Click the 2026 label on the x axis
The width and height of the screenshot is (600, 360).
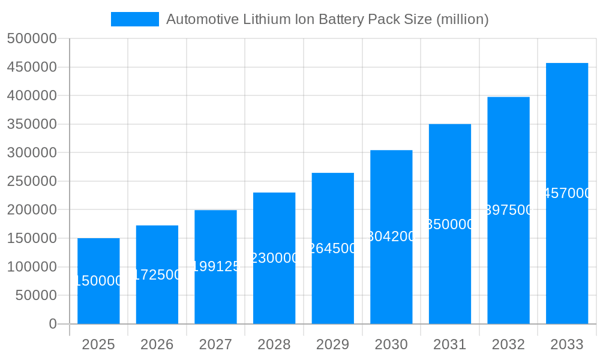[x=157, y=344]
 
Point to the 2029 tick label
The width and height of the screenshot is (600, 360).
[x=332, y=344]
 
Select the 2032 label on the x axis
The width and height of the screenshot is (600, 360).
[x=508, y=344]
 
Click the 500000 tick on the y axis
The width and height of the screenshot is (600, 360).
[x=32, y=39]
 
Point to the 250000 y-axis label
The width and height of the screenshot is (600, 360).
[x=32, y=181]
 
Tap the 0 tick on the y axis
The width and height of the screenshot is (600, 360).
[x=53, y=324]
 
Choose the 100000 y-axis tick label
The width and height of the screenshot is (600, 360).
[x=32, y=267]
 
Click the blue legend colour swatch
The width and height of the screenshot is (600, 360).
[x=135, y=19]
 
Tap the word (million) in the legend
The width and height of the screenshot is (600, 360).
[x=462, y=19]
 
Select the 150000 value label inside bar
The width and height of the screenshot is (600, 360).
[x=98, y=281]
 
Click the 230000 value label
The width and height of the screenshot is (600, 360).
[x=274, y=258]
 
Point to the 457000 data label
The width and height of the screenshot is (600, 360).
[x=567, y=193]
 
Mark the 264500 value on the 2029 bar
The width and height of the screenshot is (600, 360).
[x=332, y=248]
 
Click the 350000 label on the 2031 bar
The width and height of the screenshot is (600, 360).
[x=450, y=224]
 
